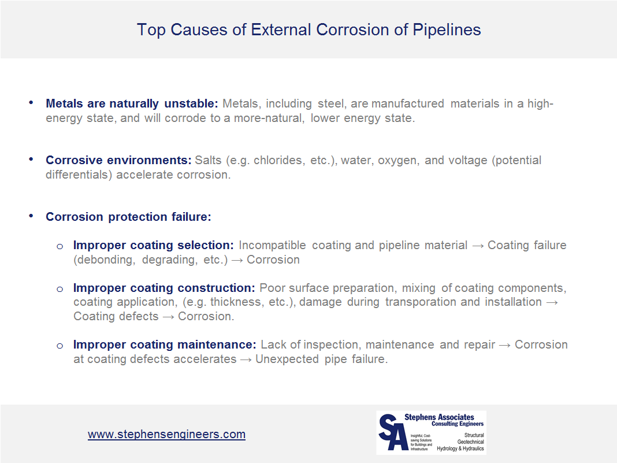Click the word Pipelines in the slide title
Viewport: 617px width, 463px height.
point(447,30)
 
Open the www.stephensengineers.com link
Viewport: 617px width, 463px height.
point(166,434)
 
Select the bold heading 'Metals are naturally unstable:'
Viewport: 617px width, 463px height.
point(132,103)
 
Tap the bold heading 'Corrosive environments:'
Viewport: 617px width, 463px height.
point(118,160)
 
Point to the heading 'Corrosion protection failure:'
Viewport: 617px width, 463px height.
point(128,217)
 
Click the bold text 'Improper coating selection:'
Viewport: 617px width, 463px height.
point(154,245)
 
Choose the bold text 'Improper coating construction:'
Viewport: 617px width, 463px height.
point(164,288)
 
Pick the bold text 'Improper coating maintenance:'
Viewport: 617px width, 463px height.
point(165,345)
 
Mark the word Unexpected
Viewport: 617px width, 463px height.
point(287,359)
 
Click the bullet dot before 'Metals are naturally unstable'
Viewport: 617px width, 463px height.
point(31,103)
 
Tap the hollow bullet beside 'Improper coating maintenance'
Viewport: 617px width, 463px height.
point(60,346)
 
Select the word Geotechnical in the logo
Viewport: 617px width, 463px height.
point(470,442)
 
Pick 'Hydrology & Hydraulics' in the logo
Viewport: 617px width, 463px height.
point(460,449)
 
